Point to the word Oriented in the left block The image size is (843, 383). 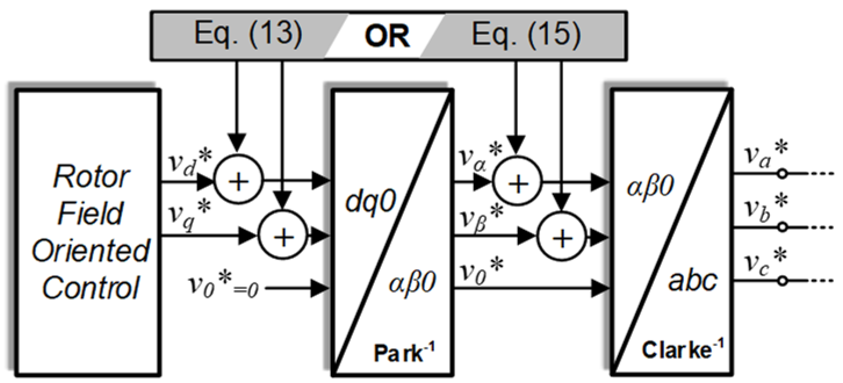90,251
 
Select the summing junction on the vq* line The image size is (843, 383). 282,236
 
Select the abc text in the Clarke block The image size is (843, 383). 693,282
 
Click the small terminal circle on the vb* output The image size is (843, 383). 783,227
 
